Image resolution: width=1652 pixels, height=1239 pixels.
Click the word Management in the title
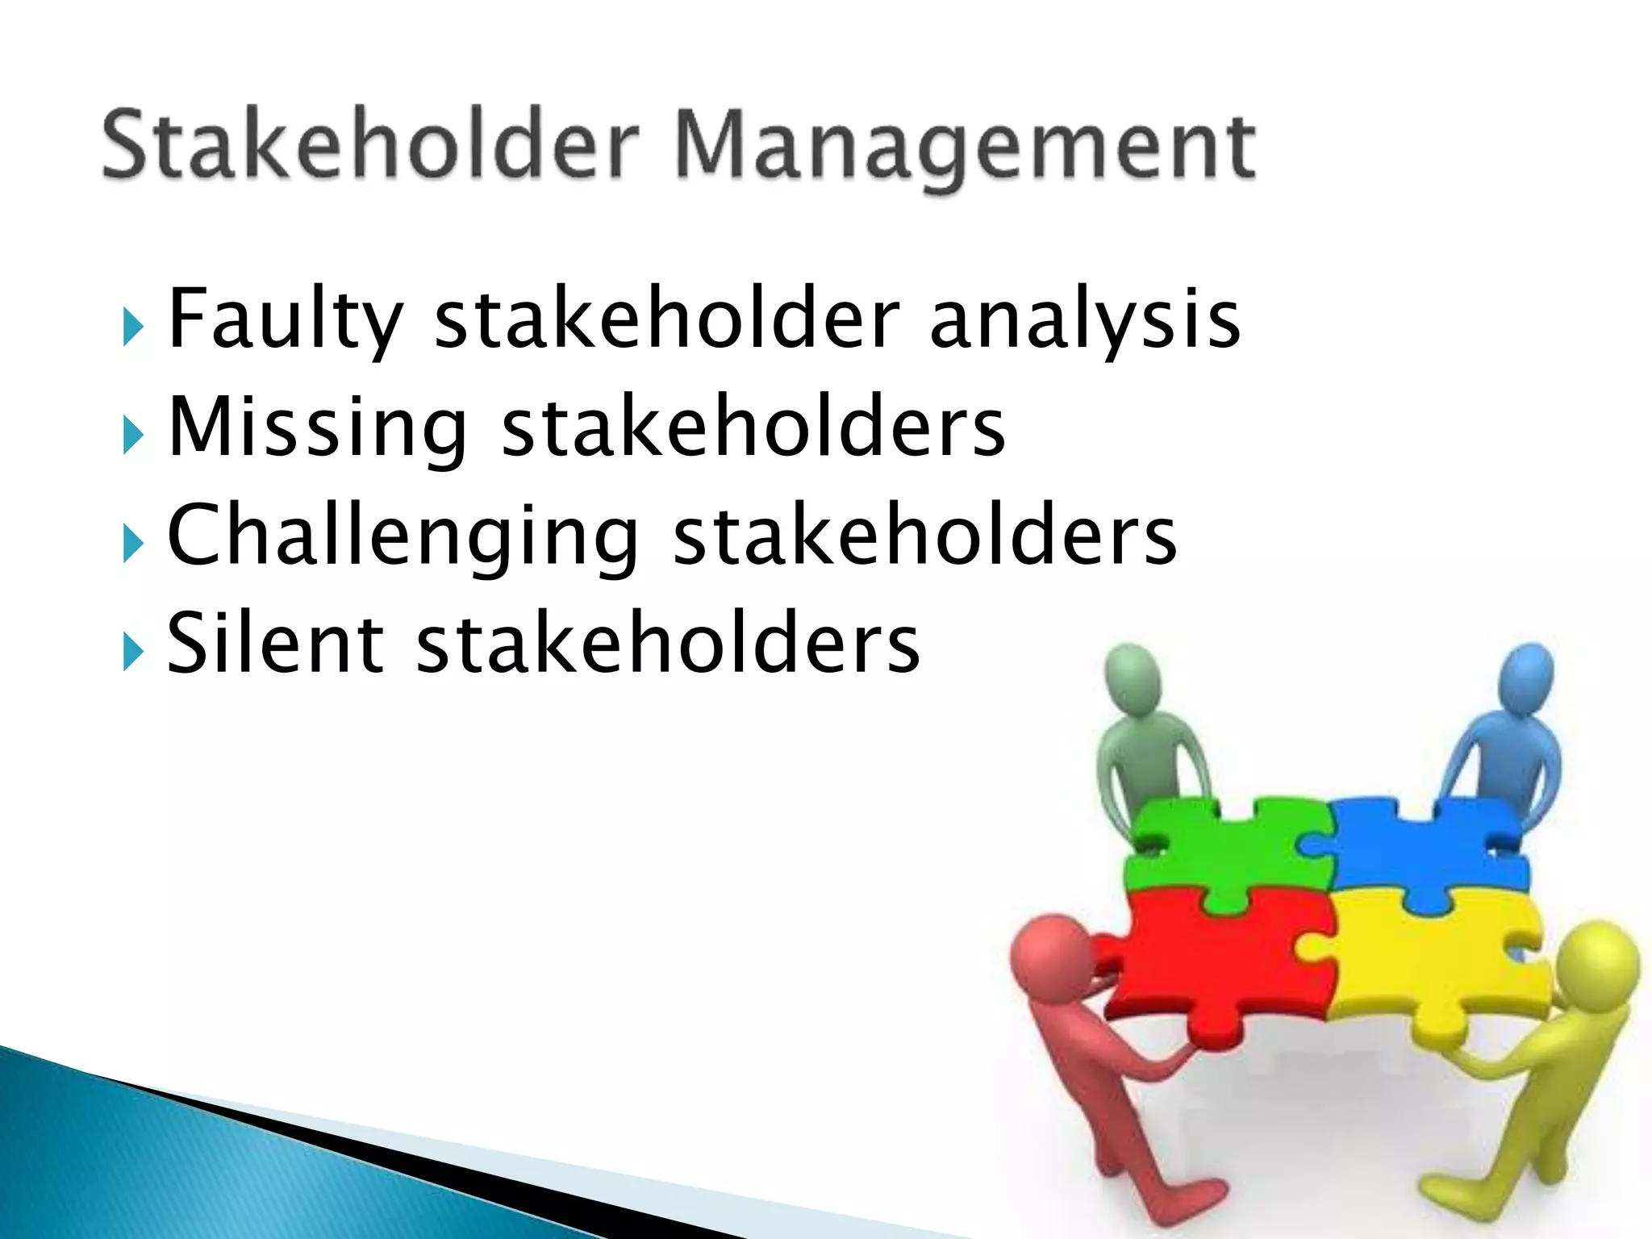tap(964, 147)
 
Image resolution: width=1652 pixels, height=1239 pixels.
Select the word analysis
tap(1084, 320)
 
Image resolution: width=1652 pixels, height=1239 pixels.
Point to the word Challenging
tap(403, 536)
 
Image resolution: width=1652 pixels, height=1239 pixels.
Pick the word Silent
tap(274, 643)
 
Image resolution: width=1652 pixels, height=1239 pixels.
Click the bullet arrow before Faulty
tap(132, 328)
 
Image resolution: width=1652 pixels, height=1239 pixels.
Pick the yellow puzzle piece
tap(1436, 960)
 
